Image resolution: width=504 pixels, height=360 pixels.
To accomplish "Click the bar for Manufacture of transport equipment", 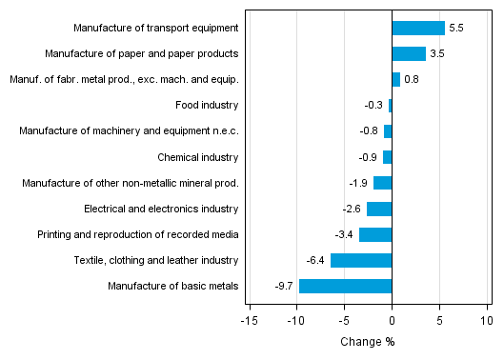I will coord(418,28).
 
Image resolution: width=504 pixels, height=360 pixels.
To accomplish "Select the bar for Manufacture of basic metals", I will coord(346,286).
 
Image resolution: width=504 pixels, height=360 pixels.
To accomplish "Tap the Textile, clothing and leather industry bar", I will coord(361,260).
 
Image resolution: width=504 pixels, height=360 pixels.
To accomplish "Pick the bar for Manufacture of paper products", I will coord(409,53).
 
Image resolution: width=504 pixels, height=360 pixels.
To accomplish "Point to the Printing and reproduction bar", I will coord(375,234).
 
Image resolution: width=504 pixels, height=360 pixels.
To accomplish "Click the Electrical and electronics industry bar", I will coord(379,209).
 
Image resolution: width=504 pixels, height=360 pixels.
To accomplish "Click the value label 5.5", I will coord(455,29).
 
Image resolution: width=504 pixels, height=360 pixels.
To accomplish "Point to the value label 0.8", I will coord(412,80).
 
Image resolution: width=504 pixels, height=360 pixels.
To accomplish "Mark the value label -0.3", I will coord(374,106).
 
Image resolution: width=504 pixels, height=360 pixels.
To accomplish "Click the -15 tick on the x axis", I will coord(250,320).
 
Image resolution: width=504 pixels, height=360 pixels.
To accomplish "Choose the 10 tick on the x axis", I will coord(487,320).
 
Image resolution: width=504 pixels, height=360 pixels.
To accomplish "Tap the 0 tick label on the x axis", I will coord(392,320).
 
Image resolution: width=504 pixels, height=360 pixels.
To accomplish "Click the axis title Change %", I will coord(367,342).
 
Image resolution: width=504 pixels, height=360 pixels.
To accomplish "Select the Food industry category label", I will coord(207,105).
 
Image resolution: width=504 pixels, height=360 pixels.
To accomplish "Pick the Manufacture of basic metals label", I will coord(172,286).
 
